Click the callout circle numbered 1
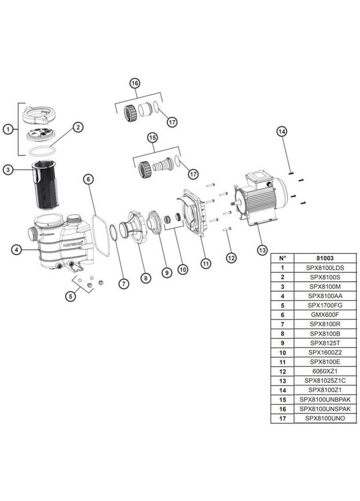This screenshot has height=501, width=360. [x=8, y=129]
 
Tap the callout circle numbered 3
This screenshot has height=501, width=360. [x=8, y=169]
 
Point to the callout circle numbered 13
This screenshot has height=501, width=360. [x=262, y=250]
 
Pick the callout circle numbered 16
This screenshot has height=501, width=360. [x=134, y=83]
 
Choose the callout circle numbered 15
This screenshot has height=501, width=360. [x=152, y=137]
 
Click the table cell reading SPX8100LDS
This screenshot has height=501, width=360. [x=321, y=268]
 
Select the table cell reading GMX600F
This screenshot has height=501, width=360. [x=321, y=314]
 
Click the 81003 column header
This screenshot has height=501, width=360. [x=321, y=258]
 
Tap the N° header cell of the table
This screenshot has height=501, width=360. [x=282, y=258]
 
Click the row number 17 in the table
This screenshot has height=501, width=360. [x=282, y=418]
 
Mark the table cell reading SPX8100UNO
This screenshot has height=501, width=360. [x=321, y=418]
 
